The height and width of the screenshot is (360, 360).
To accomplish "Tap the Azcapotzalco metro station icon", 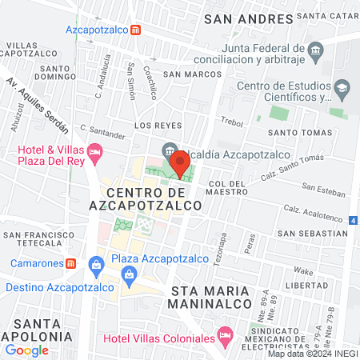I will click(x=137, y=30).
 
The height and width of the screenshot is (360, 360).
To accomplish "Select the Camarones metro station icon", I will click(x=71, y=262).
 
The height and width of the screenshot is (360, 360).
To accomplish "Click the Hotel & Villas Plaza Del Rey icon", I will click(x=96, y=150).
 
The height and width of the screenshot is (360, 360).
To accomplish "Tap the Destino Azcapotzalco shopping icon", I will click(x=129, y=276).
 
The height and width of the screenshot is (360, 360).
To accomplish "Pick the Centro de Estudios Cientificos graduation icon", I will click(x=342, y=86).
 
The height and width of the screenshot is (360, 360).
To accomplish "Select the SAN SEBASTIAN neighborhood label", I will click(x=313, y=233).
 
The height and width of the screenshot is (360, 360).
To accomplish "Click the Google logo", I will click(x=26, y=350).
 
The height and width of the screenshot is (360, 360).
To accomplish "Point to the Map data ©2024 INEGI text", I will click(x=312, y=354).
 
